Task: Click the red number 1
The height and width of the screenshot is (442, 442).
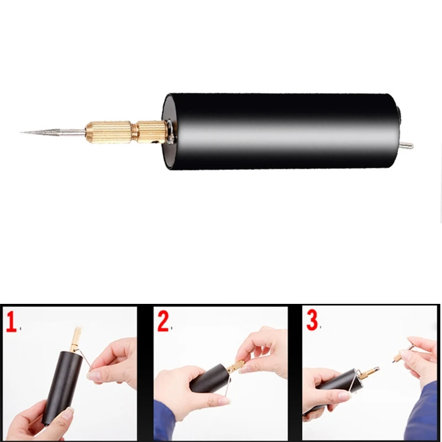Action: pyautogui.click(x=10, y=322)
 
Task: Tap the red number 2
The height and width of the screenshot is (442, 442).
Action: pyautogui.click(x=162, y=322)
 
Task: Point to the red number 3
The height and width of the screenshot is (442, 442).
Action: pyautogui.click(x=312, y=322)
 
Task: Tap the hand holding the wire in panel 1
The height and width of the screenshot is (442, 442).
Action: pyautogui.click(x=113, y=365)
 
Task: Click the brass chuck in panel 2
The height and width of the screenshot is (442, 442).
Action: pyautogui.click(x=235, y=366)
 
